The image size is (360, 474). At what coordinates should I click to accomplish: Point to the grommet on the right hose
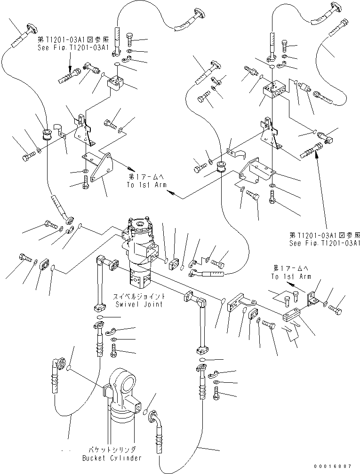point(219,167)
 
